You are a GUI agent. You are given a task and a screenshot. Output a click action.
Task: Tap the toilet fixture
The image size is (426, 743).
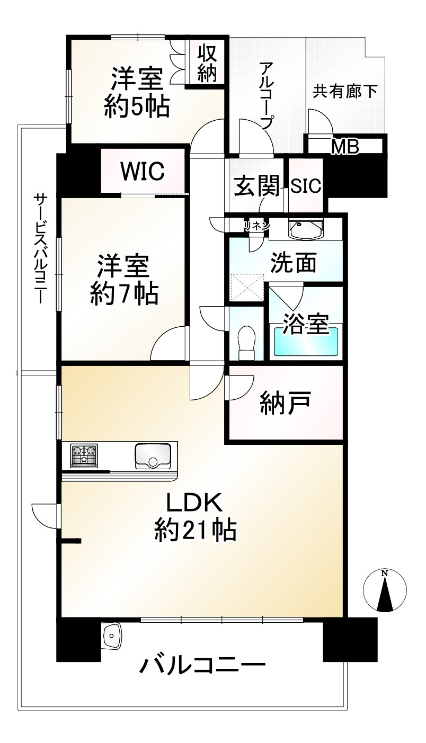[x=246, y=343]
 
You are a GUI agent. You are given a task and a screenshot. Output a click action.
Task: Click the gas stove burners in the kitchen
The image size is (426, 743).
[x=84, y=455]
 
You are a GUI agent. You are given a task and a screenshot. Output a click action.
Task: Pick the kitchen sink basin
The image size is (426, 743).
[x=153, y=456]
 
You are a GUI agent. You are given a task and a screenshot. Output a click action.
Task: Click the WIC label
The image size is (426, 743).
[x=143, y=171]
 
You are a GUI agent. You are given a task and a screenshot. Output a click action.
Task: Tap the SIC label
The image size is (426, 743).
[x=306, y=185]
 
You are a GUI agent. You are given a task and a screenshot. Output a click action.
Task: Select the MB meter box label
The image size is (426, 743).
[x=345, y=147]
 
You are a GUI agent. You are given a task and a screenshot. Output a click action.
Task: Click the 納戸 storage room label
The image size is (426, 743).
[x=286, y=402]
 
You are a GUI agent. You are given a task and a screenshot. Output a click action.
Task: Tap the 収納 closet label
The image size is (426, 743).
[x=207, y=63]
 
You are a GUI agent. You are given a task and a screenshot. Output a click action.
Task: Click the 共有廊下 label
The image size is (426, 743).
[x=345, y=91]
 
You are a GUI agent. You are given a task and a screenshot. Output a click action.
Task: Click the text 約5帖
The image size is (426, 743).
[x=137, y=107]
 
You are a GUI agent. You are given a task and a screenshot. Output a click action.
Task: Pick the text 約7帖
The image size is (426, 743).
[x=124, y=293]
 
